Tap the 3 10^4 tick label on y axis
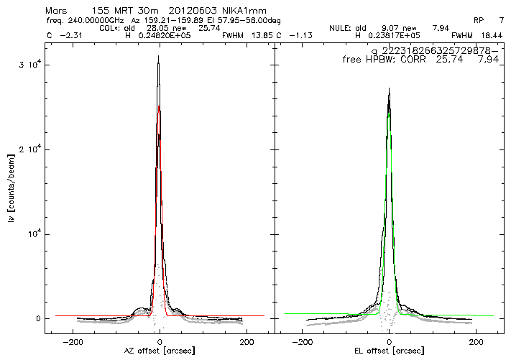click(x=34, y=65)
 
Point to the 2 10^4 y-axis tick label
click(x=34, y=149)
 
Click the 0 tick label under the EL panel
click(x=389, y=341)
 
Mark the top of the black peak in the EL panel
click(x=389, y=88)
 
